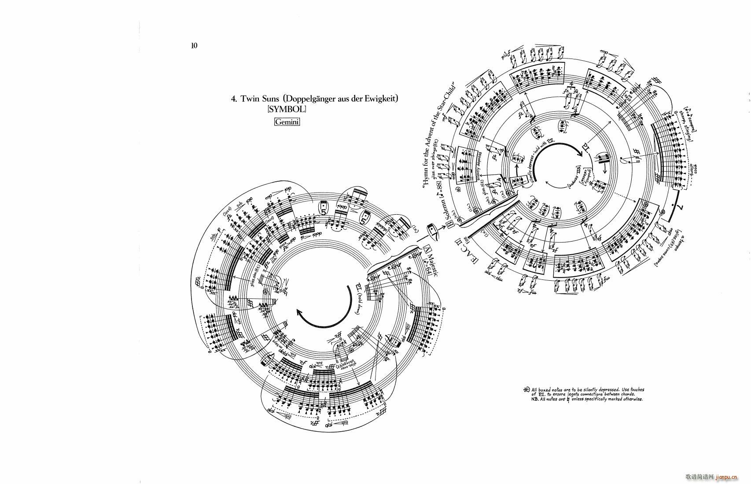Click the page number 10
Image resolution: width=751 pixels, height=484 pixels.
pos(194,45)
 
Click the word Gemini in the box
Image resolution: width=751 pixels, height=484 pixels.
pos(287,122)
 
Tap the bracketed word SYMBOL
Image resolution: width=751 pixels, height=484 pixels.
pos(286,109)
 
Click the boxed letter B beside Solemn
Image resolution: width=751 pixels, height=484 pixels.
pos(451,225)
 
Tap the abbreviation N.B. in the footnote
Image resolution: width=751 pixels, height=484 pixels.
pos(535,400)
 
